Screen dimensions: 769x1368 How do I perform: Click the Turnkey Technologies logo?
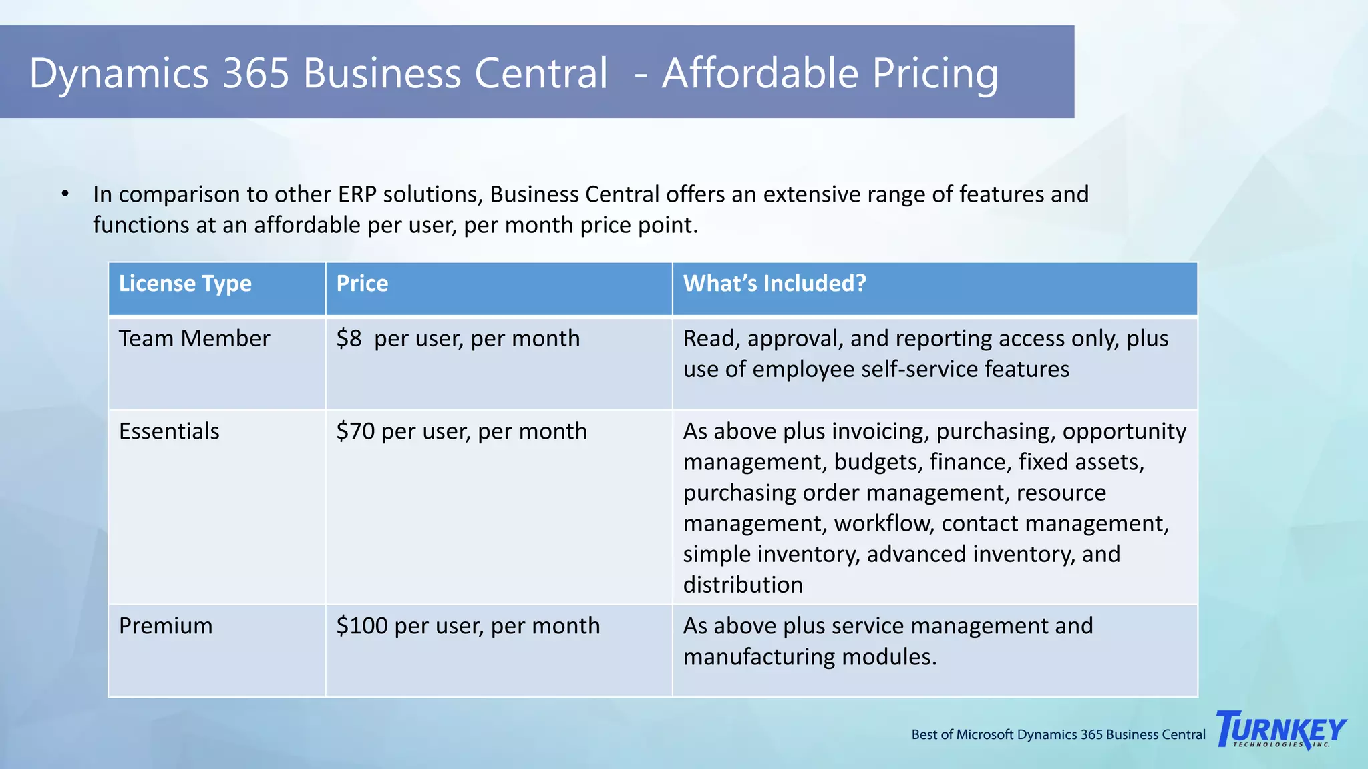point(1281,730)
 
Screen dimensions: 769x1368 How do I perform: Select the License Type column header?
point(185,284)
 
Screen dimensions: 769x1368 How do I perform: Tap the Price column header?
point(362,284)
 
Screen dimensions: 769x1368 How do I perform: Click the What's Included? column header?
point(774,284)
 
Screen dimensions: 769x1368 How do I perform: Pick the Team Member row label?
point(194,339)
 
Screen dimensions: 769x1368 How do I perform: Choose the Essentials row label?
point(169,431)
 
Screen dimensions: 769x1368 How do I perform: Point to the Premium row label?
point(166,626)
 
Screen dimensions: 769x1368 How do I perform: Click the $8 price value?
point(349,339)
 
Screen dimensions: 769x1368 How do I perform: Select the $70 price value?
point(355,431)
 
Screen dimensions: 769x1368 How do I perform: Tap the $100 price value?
point(362,626)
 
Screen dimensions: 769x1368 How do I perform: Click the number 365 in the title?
point(256,73)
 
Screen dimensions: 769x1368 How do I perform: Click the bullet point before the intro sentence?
point(65,194)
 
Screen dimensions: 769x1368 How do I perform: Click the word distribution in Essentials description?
point(743,585)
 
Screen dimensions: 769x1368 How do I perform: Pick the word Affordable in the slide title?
point(759,73)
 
